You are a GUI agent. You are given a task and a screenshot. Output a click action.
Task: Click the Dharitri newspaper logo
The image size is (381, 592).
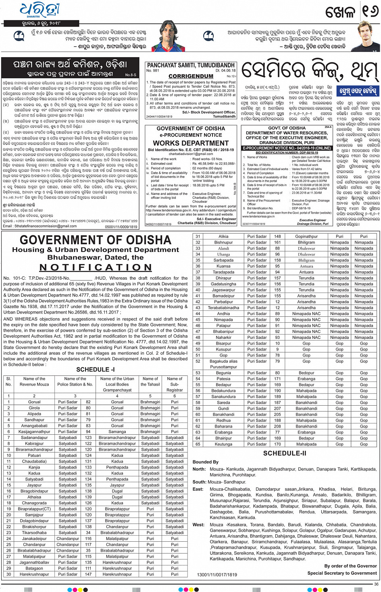[40, 10]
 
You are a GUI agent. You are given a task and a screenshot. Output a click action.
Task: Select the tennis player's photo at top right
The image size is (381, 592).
[368, 37]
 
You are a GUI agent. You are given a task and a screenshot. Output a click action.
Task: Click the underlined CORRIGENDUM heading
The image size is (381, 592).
[191, 76]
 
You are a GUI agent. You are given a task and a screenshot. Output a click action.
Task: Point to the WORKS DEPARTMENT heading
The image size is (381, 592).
[191, 143]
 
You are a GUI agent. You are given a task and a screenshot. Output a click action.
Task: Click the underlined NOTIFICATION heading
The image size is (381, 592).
[96, 268]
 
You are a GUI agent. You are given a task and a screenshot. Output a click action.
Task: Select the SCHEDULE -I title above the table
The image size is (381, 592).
[96, 369]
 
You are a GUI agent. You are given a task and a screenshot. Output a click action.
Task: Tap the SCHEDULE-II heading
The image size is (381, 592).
[285, 453]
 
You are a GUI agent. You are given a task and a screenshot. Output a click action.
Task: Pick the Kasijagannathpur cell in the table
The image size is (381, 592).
[34, 431]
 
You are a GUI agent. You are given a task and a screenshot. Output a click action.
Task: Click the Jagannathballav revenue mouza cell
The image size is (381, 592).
[34, 562]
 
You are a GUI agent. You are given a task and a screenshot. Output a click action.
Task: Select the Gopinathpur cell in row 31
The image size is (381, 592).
[306, 237]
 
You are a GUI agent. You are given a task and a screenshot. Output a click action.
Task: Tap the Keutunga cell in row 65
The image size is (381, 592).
[223, 444]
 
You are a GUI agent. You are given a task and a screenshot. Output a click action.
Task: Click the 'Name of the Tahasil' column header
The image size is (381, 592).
[150, 382]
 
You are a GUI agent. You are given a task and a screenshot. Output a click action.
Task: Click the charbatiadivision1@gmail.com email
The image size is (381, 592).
[191, 154]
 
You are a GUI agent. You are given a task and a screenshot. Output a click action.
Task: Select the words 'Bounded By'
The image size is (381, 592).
[206, 462]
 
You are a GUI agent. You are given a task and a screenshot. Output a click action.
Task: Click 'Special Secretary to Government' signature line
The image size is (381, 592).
[342, 573]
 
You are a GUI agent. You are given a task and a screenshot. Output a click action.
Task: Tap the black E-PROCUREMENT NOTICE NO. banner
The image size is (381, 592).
[287, 148]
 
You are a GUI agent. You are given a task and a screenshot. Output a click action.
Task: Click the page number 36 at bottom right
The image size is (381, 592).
[376, 584]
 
